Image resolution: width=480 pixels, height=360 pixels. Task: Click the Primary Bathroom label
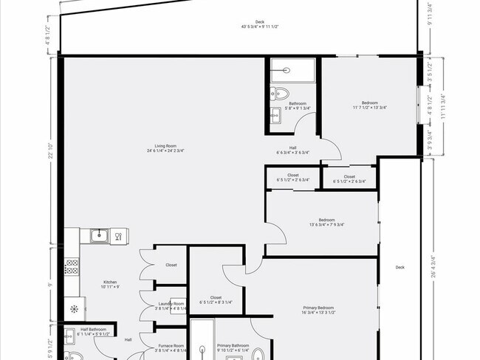(x=234, y=347)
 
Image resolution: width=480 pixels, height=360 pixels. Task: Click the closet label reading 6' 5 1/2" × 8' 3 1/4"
(x=216, y=300)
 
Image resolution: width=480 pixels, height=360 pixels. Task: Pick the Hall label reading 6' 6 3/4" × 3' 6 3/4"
(x=292, y=150)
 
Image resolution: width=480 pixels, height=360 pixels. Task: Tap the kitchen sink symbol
(x=99, y=236)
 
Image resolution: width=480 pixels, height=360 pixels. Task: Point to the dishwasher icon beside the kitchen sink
(x=116, y=236)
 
